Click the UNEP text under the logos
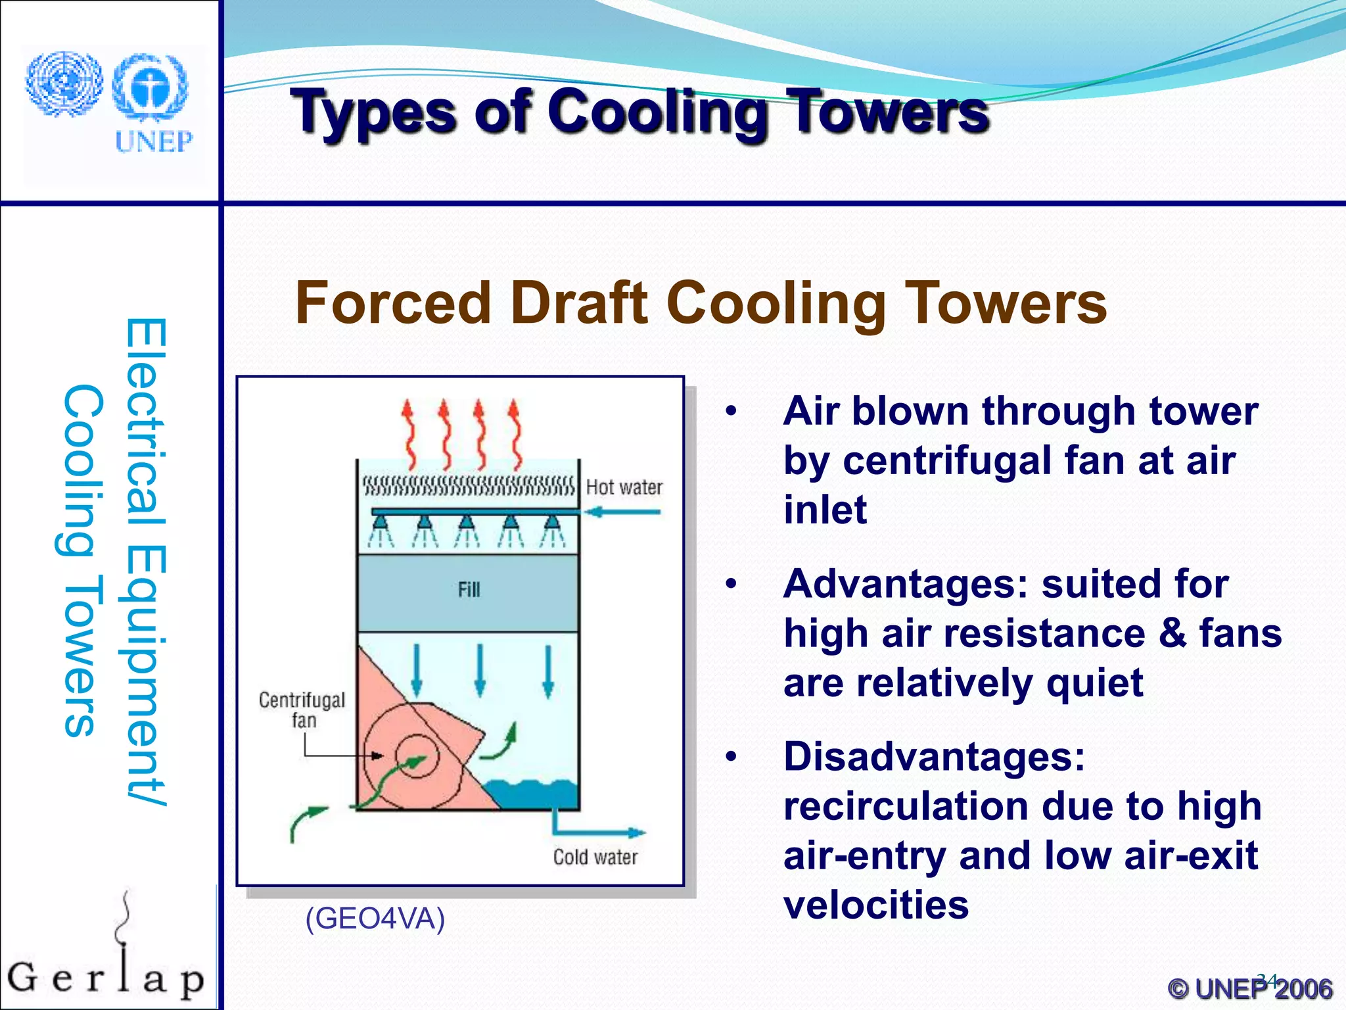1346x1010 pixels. tap(154, 141)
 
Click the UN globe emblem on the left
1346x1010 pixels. tap(64, 85)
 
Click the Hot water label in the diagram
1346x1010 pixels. tap(624, 487)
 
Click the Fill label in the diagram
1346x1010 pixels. tap(469, 589)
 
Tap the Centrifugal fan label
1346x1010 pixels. tap(302, 709)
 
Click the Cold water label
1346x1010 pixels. tap(595, 857)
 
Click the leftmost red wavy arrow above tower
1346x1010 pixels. tap(409, 434)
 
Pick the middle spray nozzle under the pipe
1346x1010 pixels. tap(466, 523)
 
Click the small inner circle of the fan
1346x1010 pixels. tap(417, 756)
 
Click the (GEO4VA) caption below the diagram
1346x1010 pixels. tap(375, 918)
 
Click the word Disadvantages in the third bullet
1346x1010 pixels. tap(934, 756)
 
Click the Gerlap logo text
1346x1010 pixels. tap(105, 978)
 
